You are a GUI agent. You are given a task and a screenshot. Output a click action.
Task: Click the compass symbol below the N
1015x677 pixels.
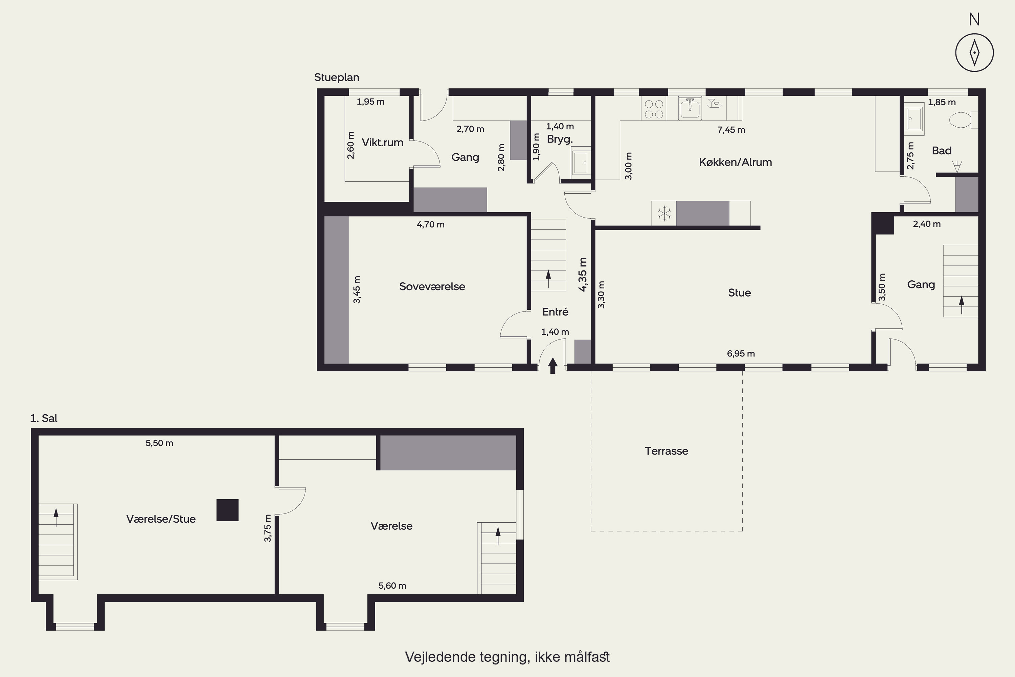click(974, 52)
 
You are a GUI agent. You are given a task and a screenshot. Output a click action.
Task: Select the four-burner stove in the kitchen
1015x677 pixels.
click(653, 108)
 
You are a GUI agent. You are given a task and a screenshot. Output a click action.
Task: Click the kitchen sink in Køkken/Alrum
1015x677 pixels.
click(690, 108)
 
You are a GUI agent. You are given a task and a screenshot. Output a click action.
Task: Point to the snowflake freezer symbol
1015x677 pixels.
click(664, 213)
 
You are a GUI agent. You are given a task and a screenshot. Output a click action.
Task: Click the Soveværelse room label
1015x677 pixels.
click(432, 287)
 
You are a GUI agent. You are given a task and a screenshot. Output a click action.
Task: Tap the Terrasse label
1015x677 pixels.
click(666, 451)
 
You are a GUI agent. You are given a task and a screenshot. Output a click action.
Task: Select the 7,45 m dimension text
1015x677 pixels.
click(731, 130)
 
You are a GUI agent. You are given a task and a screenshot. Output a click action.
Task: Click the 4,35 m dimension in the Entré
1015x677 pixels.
click(583, 275)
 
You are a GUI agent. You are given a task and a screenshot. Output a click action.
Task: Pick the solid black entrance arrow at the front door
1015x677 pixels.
click(552, 366)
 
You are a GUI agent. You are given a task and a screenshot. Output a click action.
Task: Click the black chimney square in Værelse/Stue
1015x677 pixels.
click(227, 510)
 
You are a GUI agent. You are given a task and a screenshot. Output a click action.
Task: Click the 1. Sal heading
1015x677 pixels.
click(44, 418)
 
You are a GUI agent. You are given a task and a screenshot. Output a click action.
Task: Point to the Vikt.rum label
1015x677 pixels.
click(382, 143)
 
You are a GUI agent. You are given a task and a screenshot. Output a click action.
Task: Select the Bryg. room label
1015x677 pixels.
click(560, 139)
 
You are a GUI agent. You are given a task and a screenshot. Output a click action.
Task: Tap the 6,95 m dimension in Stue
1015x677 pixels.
click(741, 354)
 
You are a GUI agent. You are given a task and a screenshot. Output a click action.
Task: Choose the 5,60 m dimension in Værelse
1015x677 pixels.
click(392, 586)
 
